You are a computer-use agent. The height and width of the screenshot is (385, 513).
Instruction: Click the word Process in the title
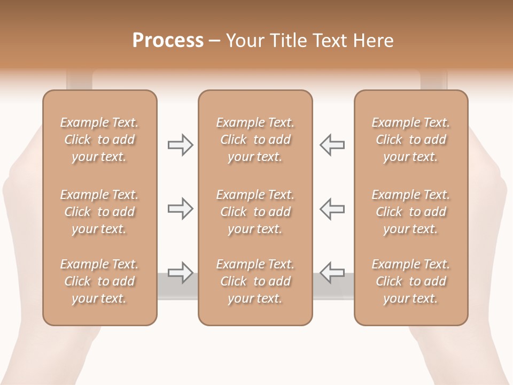click(168, 41)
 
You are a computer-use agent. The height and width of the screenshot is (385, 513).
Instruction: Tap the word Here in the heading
click(375, 41)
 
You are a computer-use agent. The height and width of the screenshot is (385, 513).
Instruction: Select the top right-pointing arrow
click(180, 145)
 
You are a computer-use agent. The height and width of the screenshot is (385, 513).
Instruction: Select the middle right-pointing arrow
click(180, 209)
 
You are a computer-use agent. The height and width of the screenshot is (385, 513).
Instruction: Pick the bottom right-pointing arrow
click(180, 273)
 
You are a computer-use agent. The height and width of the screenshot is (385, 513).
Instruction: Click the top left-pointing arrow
click(332, 145)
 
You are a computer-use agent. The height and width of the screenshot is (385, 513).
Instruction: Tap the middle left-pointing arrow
click(332, 209)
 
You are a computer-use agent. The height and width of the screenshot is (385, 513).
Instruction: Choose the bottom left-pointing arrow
click(332, 273)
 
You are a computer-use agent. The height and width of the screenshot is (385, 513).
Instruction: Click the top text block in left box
click(99, 140)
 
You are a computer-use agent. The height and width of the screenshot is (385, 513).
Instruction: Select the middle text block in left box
click(99, 212)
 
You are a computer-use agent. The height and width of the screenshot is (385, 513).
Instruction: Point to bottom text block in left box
click(99, 281)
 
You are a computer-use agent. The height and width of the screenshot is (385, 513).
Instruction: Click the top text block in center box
click(255, 140)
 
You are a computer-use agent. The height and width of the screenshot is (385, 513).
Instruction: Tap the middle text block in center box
click(255, 212)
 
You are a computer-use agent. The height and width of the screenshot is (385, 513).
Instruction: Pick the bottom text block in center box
click(255, 281)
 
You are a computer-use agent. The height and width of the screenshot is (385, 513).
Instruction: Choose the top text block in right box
click(410, 140)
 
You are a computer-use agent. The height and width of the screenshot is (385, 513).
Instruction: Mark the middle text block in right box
click(410, 212)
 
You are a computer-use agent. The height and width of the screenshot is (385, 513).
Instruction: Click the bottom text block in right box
click(410, 281)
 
